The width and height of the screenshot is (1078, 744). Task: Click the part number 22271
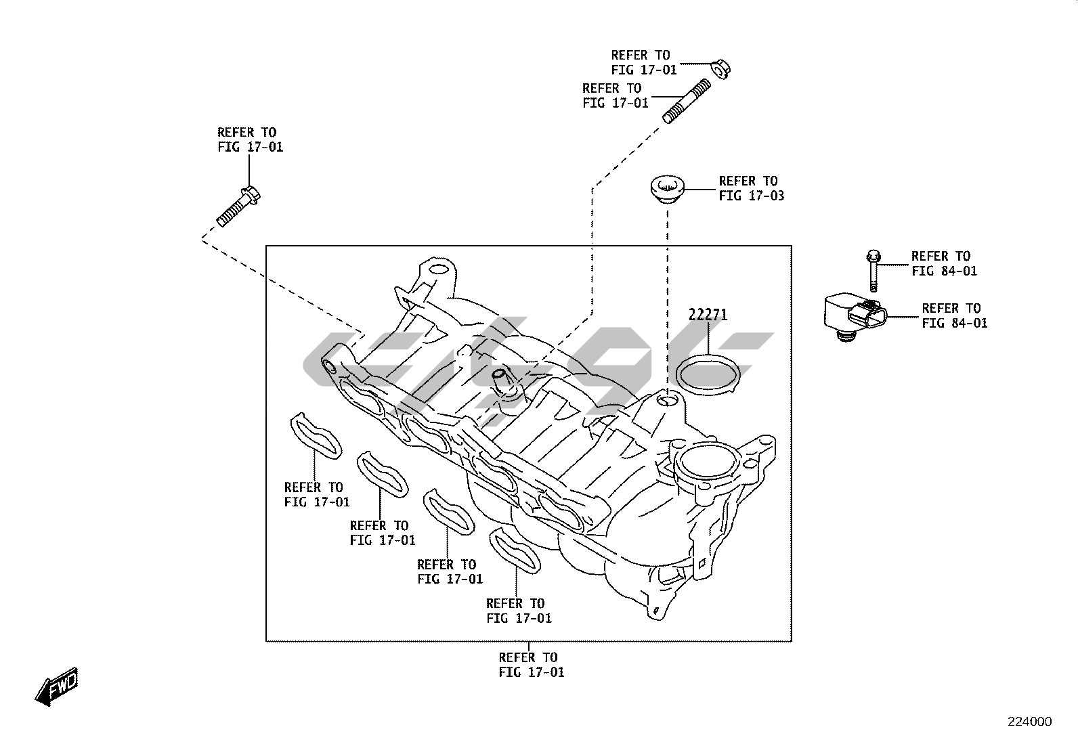[x=708, y=315]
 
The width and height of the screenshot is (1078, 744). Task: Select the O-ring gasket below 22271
[x=707, y=375]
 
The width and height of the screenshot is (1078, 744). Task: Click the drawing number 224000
[x=1029, y=722]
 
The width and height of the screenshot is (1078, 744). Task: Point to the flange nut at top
[x=720, y=68]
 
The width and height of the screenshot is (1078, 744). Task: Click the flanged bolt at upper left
[x=238, y=206]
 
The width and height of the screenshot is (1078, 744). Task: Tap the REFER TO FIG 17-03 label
[x=751, y=189]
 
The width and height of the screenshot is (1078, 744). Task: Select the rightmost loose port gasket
[x=516, y=549]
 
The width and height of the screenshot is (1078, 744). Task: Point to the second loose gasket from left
[x=383, y=474]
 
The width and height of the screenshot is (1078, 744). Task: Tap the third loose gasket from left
[x=448, y=512]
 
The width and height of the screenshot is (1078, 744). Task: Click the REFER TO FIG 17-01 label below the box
[x=531, y=665]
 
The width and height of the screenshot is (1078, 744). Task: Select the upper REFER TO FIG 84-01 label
[x=944, y=263]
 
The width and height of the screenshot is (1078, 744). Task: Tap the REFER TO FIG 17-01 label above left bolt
[x=250, y=139]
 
